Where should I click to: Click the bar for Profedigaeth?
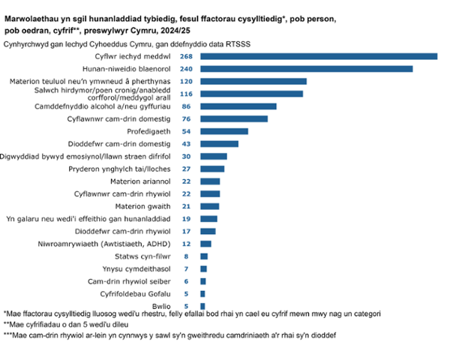point(224,131)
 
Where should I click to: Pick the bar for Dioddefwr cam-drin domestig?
point(219,143)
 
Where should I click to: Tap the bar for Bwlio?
point(202,305)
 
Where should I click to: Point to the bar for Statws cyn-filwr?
point(204,256)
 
